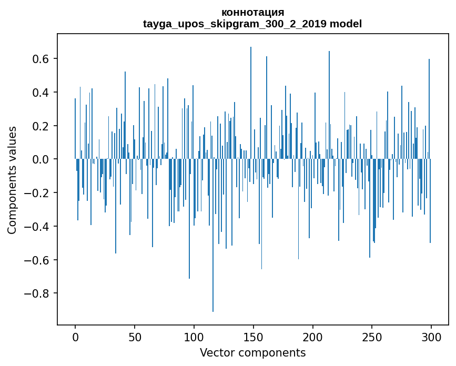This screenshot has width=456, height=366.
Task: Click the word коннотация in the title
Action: (252, 12)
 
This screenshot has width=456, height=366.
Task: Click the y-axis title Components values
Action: (12, 180)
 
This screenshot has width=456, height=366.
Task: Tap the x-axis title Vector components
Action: (252, 352)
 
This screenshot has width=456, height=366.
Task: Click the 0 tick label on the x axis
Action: (75, 337)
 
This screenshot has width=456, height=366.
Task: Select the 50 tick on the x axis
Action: (135, 337)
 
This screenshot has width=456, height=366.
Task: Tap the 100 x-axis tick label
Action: (194, 337)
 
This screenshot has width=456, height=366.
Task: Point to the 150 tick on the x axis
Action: (254, 337)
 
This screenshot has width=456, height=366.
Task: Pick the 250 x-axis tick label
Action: (372, 337)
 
